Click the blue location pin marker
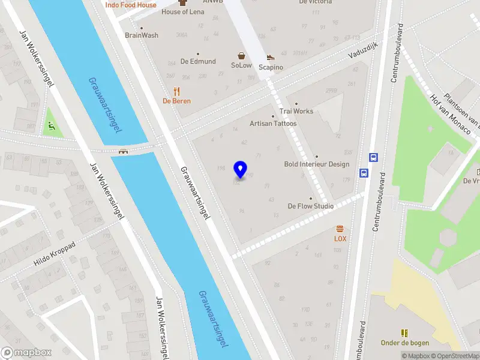[241, 169]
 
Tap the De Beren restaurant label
[176, 101]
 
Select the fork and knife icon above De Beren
[176, 91]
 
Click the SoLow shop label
[241, 65]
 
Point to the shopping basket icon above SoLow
[241, 56]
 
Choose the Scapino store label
[271, 67]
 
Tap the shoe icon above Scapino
[271, 58]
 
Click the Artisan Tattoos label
[273, 124]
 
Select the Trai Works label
[296, 112]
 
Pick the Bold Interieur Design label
[316, 164]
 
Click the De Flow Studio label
[310, 206]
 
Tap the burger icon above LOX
[340, 229]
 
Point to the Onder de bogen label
[403, 343]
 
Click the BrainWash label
[142, 35]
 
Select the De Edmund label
[198, 61]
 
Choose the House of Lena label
[183, 12]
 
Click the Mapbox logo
[26, 353]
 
